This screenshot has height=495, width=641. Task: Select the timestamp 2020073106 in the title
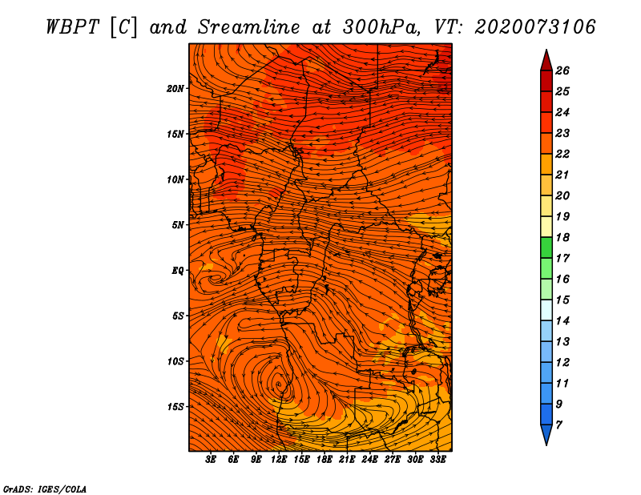point(535,26)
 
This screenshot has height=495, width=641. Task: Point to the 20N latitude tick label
point(175,88)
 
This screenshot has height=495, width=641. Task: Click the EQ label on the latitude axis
point(178,270)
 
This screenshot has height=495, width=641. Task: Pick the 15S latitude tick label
point(175,406)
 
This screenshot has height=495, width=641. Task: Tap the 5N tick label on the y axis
point(178,224)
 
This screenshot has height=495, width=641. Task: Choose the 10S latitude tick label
point(175,361)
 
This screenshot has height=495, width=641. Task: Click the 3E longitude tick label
point(212,460)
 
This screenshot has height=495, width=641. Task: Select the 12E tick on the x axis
point(280,460)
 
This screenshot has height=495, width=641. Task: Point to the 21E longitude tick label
point(348,460)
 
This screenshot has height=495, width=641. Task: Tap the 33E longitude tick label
point(438,460)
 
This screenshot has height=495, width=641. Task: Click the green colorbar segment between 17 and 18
point(546,247)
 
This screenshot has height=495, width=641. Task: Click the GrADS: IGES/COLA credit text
point(45,488)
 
